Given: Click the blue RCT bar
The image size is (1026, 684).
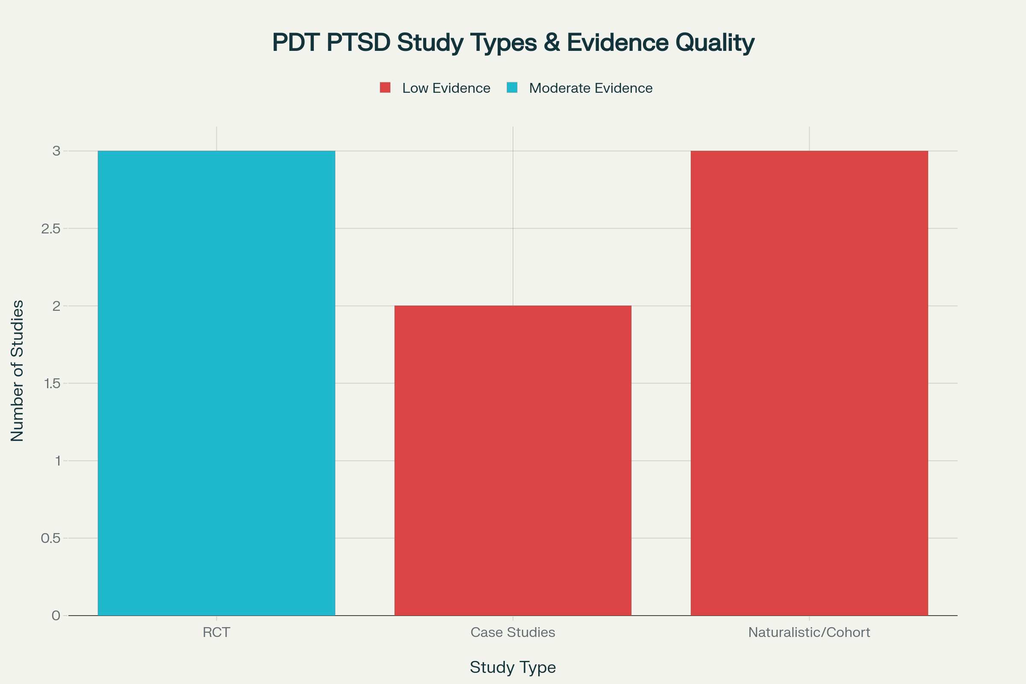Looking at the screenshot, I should coord(216,383).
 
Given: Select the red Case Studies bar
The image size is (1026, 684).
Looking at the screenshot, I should coord(513,460).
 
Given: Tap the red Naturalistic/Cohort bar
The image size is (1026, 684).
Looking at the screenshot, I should coord(809,383).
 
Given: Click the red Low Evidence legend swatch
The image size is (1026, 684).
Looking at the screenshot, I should coord(385,88).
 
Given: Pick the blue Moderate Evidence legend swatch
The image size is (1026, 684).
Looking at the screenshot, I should coord(512,88).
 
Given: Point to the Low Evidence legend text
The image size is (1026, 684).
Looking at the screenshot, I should coord(446,88).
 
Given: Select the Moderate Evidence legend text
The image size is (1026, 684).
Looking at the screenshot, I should coord(591,88).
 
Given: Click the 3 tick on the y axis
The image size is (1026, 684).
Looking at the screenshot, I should coord(56,151).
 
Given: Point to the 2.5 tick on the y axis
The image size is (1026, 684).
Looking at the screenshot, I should coord(50,229).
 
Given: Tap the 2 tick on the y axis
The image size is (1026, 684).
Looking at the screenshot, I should coord(56,306).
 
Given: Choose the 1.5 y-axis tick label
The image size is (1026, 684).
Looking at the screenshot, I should coord(51,383).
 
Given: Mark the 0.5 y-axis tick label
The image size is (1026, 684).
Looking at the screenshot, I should coord(50,538).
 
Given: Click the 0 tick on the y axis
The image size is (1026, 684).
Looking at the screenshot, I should coord(56,616).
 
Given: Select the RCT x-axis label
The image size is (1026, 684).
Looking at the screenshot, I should coord(216,633).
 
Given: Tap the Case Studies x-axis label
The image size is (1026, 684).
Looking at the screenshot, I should coord(513,633).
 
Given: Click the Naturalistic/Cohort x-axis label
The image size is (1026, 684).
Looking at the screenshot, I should coord(809,633).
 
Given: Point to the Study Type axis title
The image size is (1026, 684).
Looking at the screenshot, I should coord(513,667).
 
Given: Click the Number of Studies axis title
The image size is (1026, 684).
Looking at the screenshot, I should coord(17,371).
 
